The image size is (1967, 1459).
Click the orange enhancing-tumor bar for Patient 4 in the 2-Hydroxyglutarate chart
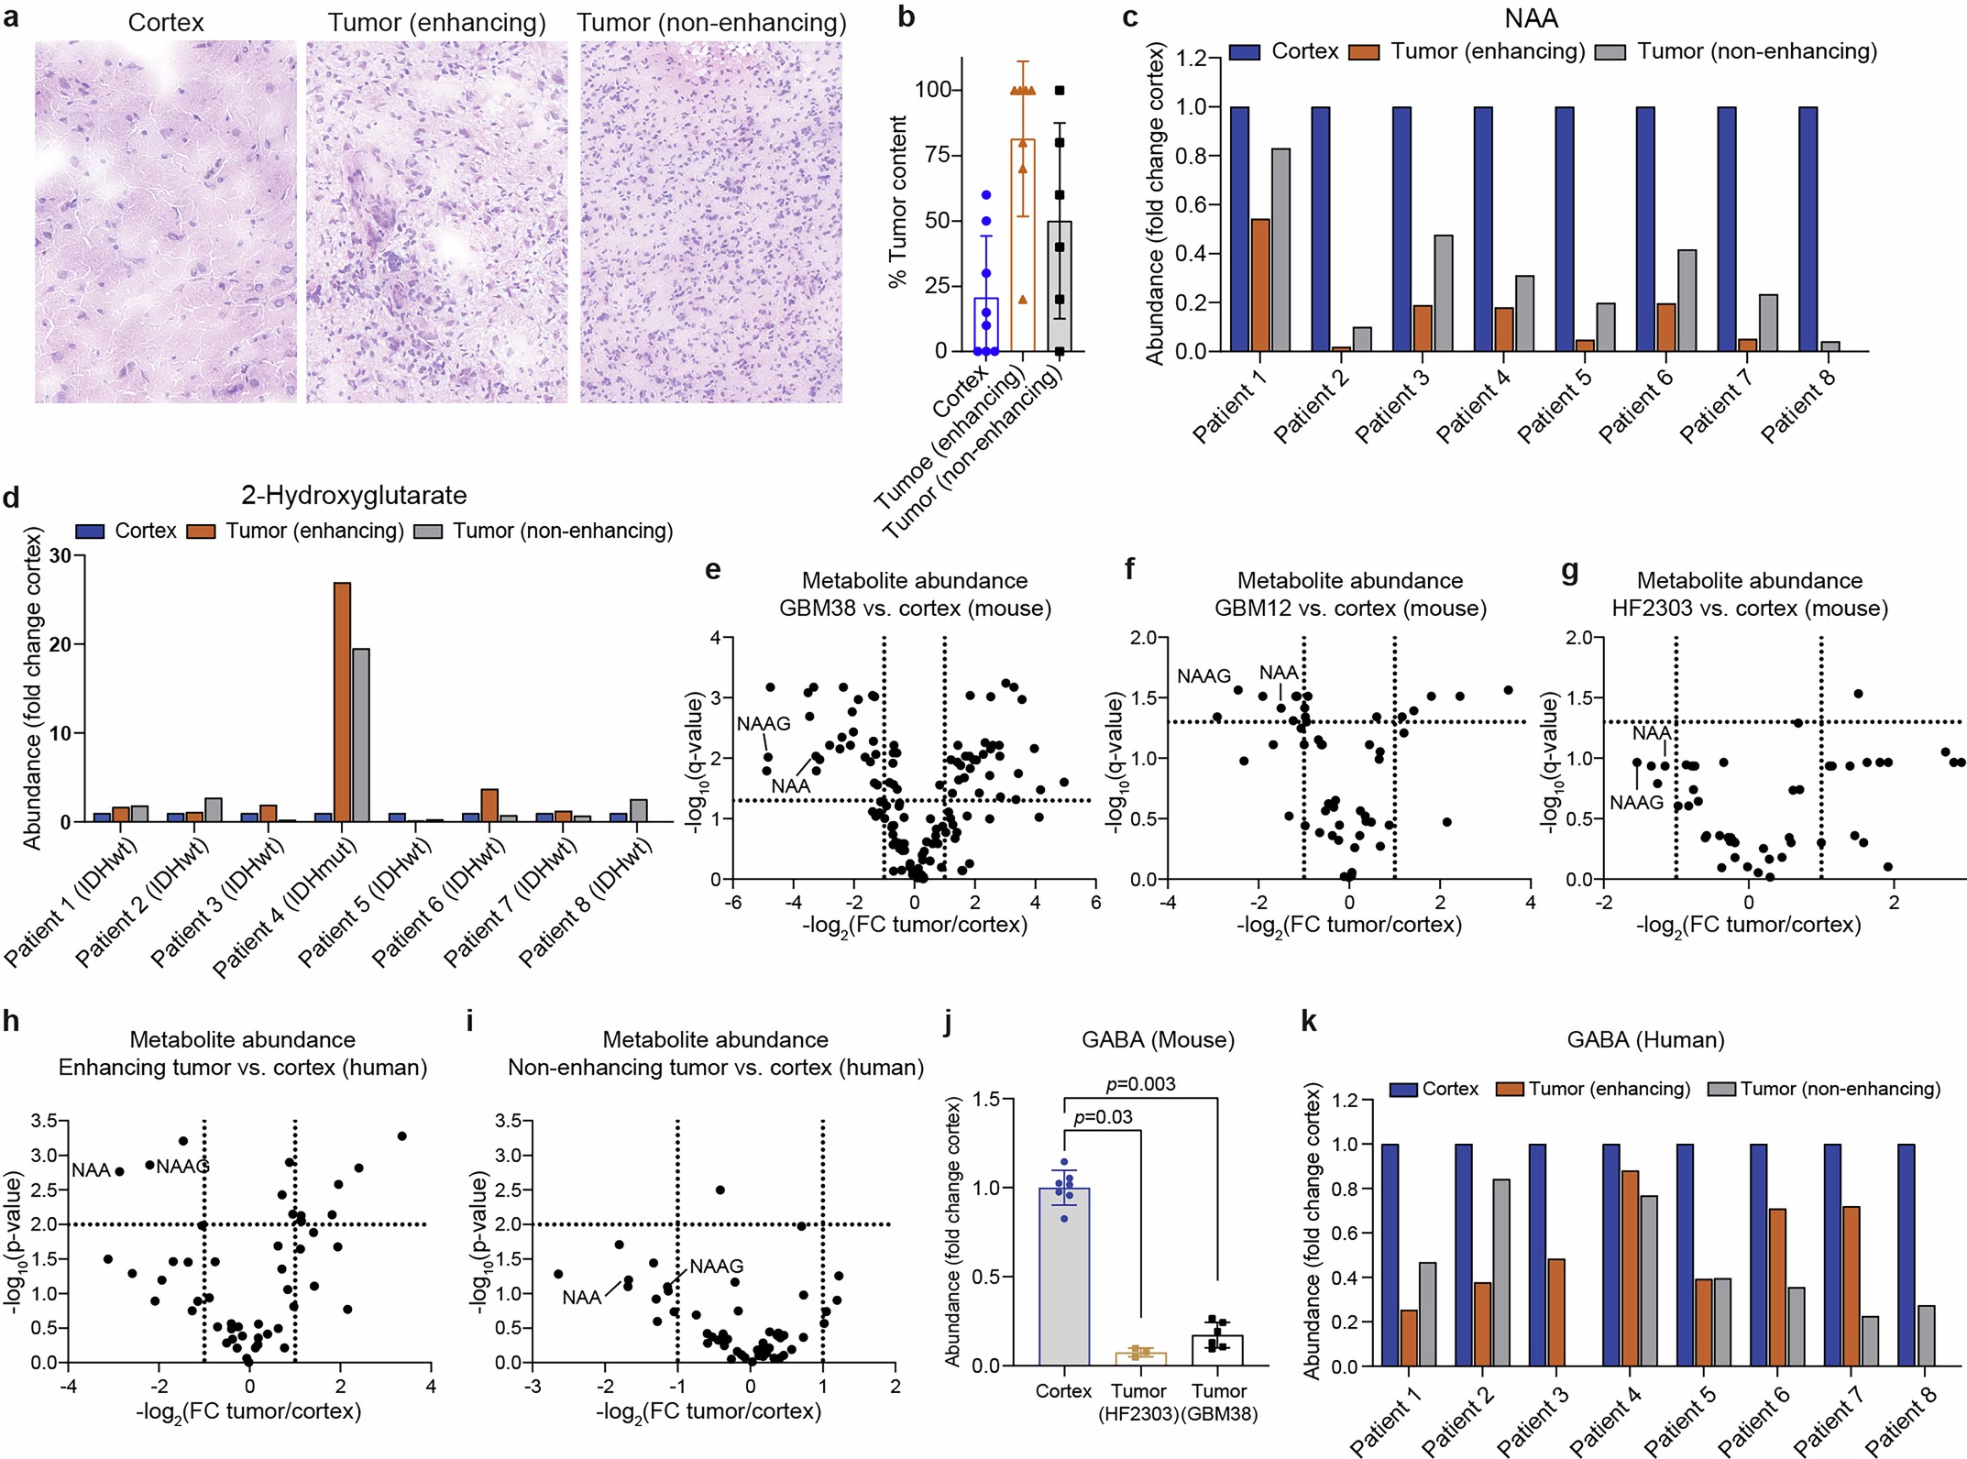[x=342, y=702]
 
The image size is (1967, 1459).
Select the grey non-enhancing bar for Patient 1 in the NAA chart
[x=1280, y=250]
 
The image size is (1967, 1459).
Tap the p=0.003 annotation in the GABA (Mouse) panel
[x=1140, y=1084]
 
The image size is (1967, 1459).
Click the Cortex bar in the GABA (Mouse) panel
[x=1064, y=1277]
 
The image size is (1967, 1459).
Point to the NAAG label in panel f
[x=1203, y=676]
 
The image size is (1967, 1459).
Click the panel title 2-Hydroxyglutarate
[x=354, y=496]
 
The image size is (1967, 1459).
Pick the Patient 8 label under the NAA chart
[x=1798, y=408]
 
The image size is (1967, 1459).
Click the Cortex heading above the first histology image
[x=166, y=22]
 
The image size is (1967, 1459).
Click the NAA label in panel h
[x=91, y=1170]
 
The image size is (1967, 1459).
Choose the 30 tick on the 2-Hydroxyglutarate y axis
[x=60, y=555]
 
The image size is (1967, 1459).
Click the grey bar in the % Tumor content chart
[x=1060, y=286]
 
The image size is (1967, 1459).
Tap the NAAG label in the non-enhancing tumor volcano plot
[x=716, y=1266]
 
